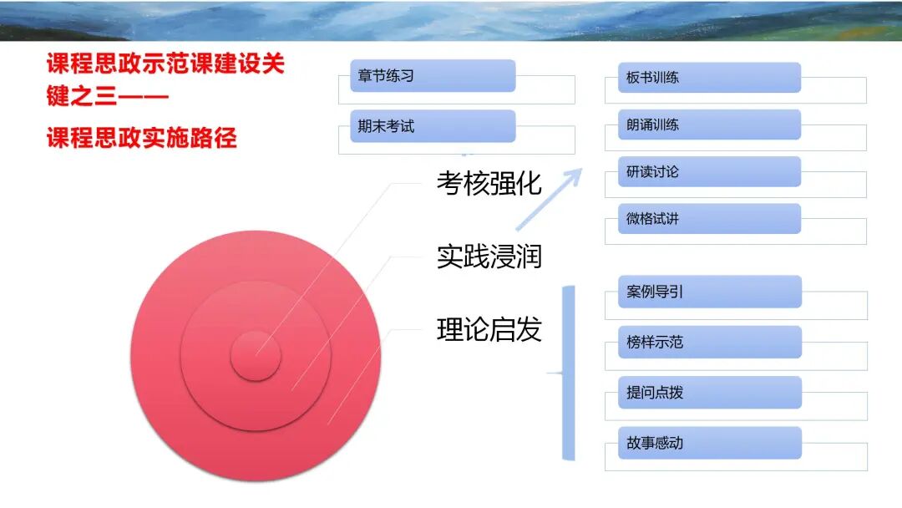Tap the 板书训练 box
(709, 78)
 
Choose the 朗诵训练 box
(709, 124)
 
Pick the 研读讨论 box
(709, 172)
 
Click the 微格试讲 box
(709, 219)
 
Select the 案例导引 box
(709, 292)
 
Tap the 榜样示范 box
(709, 343)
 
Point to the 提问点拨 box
(709, 393)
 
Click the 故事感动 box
(709, 443)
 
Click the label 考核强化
(489, 183)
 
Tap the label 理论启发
(489, 330)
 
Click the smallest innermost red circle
(256, 356)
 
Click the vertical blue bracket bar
(568, 373)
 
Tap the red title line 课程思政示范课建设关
(165, 63)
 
